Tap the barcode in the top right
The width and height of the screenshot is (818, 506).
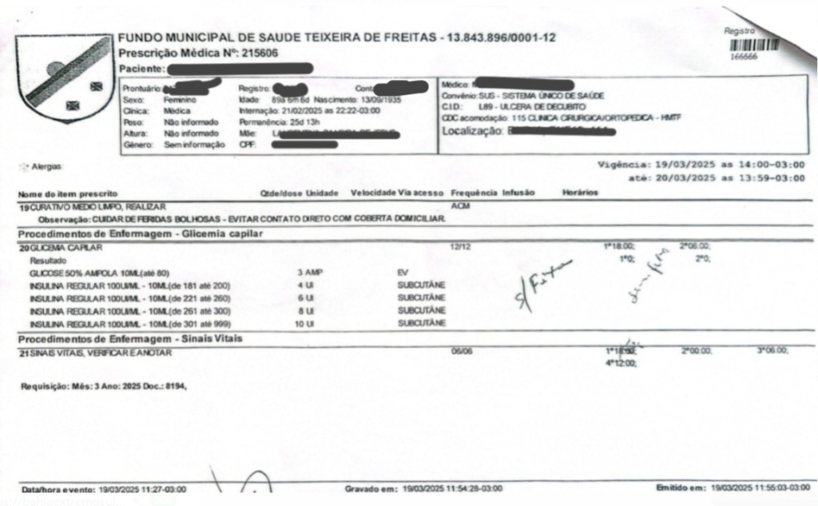(753, 45)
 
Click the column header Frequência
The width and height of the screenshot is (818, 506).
(475, 193)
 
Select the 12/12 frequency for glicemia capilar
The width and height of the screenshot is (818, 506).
(460, 247)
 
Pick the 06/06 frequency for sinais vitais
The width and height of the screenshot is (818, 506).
(461, 351)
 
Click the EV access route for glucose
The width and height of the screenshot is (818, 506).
(403, 273)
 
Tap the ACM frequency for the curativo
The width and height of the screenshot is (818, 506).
(460, 206)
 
